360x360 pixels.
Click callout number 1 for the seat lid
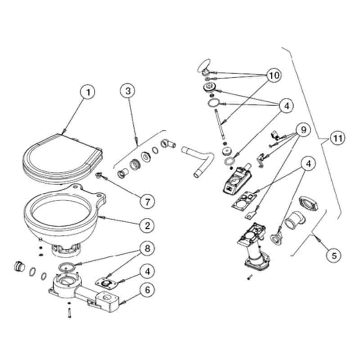[88, 93]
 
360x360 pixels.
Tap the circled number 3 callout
[128, 91]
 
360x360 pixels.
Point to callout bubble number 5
[333, 256]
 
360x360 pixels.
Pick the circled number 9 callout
[303, 130]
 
